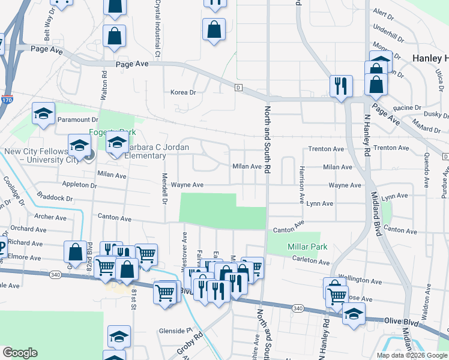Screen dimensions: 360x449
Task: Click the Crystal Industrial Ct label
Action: click(x=158, y=28)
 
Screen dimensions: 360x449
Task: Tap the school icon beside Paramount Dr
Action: click(x=43, y=114)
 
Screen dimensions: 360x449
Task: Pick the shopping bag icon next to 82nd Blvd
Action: click(x=76, y=251)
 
